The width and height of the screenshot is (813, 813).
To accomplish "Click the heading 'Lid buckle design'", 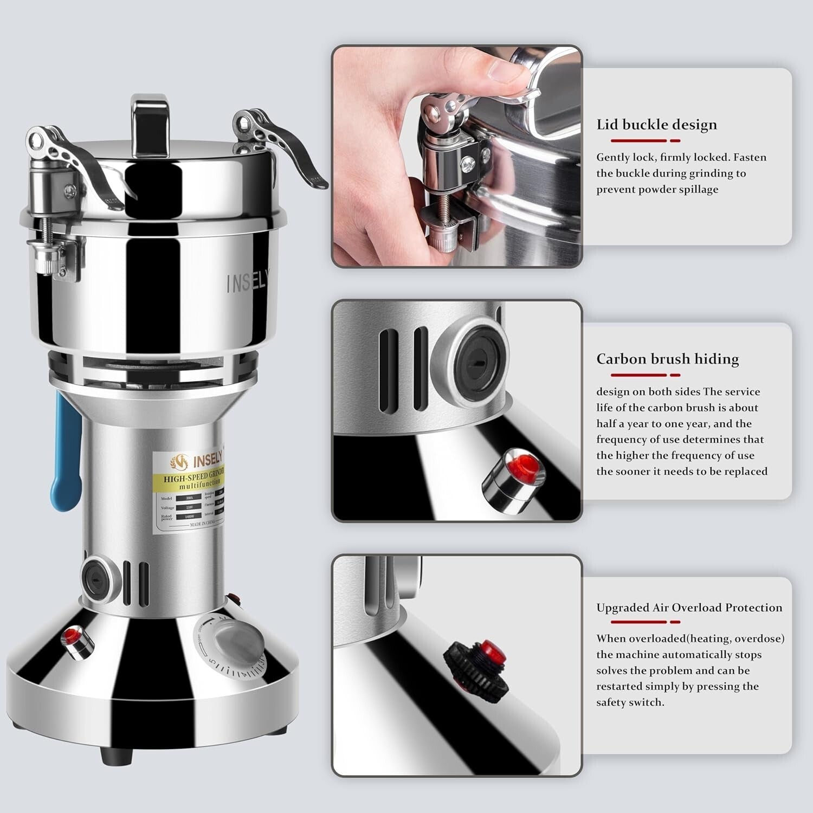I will point(656,125).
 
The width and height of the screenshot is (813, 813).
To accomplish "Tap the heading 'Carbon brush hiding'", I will point(667,359).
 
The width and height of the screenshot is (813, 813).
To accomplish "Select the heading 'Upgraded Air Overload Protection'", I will point(689,608).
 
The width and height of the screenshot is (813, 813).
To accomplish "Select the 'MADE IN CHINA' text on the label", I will point(202,524).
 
